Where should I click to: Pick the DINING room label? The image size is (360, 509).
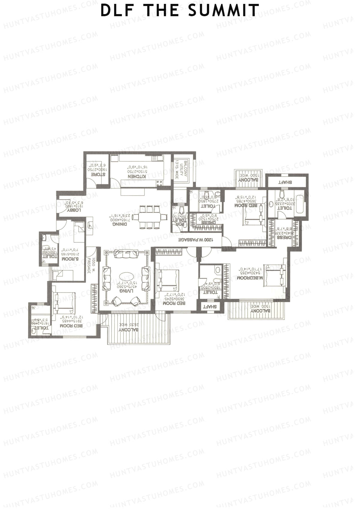(119, 224)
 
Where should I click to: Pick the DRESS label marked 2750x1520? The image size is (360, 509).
(207, 223)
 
